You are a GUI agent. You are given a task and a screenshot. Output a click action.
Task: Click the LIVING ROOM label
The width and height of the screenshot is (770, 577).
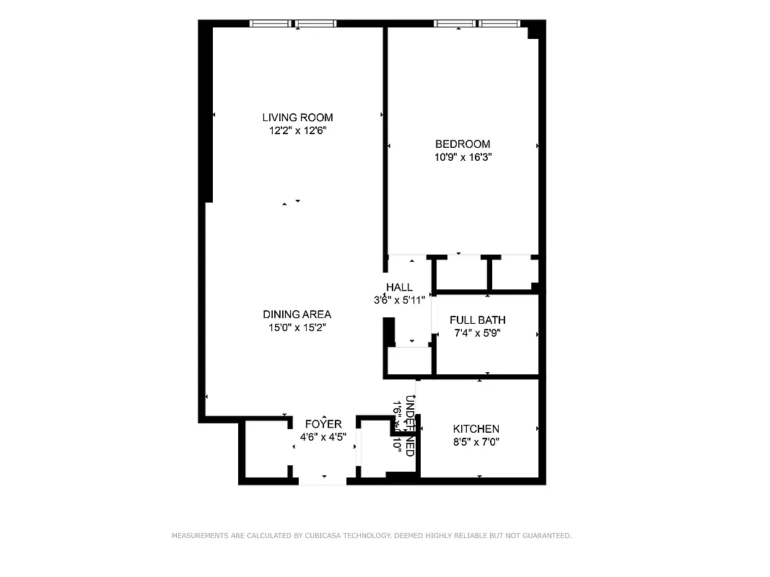tap(297, 118)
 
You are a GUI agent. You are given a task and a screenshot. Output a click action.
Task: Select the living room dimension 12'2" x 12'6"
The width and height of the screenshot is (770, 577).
tap(297, 131)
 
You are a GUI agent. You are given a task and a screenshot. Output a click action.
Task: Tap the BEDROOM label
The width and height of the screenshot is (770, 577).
tap(463, 144)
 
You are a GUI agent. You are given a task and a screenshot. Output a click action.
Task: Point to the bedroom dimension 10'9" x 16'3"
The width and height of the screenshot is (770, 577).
tap(463, 157)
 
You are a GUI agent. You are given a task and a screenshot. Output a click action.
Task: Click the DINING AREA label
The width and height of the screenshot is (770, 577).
tap(297, 314)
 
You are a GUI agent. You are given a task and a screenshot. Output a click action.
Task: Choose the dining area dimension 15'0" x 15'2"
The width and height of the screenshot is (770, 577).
tap(297, 327)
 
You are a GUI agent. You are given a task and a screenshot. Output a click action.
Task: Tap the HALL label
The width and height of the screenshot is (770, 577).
tap(399, 288)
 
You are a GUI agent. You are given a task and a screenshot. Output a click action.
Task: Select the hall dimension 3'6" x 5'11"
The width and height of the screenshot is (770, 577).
tap(399, 300)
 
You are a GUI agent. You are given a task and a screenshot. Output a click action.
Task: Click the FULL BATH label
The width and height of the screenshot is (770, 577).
tap(477, 320)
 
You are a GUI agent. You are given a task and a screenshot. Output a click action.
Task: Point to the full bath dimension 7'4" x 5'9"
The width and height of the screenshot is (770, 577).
tap(477, 333)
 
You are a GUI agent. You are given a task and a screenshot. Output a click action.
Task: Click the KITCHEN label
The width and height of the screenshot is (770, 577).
tap(476, 429)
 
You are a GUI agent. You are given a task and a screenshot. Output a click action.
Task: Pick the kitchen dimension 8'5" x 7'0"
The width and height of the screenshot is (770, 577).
tap(476, 441)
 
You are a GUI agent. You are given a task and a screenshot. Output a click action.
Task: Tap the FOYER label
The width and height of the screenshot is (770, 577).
tap(323, 424)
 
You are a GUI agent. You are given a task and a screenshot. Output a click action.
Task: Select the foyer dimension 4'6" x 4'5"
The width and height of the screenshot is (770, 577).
tap(323, 436)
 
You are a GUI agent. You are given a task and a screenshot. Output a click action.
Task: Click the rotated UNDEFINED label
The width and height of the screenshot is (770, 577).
tap(410, 426)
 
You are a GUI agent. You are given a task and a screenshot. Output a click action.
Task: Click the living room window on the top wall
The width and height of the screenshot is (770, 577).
tap(293, 24)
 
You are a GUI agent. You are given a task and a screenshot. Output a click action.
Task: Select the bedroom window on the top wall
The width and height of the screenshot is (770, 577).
tap(477, 24)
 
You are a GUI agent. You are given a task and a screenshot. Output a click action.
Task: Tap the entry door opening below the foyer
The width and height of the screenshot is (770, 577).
tap(323, 480)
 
